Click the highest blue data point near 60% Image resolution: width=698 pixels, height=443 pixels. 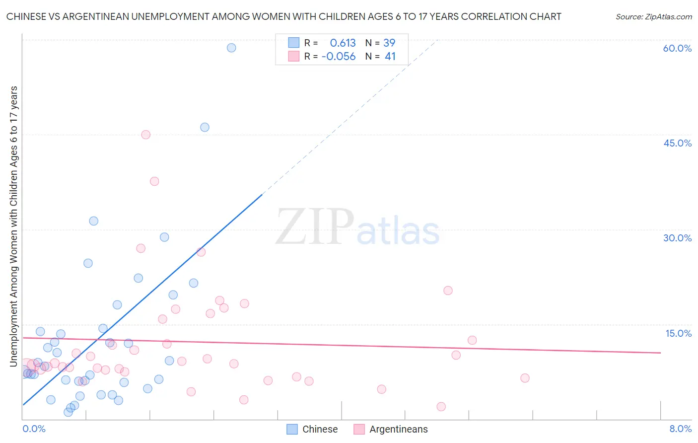click(x=231, y=48)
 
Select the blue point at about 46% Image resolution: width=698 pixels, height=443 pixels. click(x=205, y=127)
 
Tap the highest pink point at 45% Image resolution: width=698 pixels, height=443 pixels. click(x=145, y=135)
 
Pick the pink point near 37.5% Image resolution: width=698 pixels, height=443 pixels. click(x=154, y=181)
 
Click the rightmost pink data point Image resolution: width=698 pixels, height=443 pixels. click(x=525, y=378)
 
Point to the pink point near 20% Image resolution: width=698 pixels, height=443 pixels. click(x=448, y=291)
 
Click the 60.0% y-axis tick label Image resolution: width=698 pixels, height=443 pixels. click(x=677, y=48)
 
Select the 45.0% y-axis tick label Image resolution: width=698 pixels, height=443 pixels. click(x=677, y=143)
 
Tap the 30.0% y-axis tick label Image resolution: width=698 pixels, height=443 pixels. click(x=677, y=238)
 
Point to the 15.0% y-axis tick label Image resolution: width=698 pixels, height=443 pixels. click(x=678, y=333)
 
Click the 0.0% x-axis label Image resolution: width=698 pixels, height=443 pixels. click(x=34, y=429)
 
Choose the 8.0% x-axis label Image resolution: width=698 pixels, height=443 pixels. click(x=680, y=429)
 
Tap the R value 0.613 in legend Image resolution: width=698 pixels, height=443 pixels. click(x=343, y=43)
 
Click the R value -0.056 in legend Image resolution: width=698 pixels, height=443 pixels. click(x=339, y=57)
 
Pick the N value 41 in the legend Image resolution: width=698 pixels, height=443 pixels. click(x=390, y=57)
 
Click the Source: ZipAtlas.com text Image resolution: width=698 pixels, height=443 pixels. click(x=653, y=16)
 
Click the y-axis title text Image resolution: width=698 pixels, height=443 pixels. click(x=13, y=226)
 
